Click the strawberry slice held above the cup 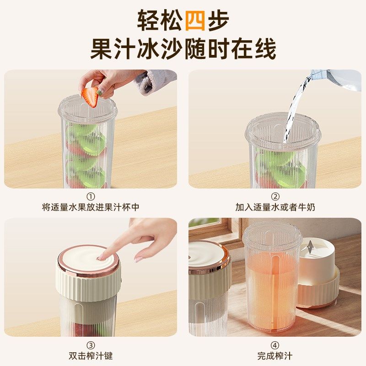tap(90, 97)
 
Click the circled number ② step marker tap(275, 197)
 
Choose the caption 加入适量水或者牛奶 tap(275, 207)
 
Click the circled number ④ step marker tap(275, 345)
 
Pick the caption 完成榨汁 tap(275, 355)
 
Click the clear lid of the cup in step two tap(283, 130)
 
